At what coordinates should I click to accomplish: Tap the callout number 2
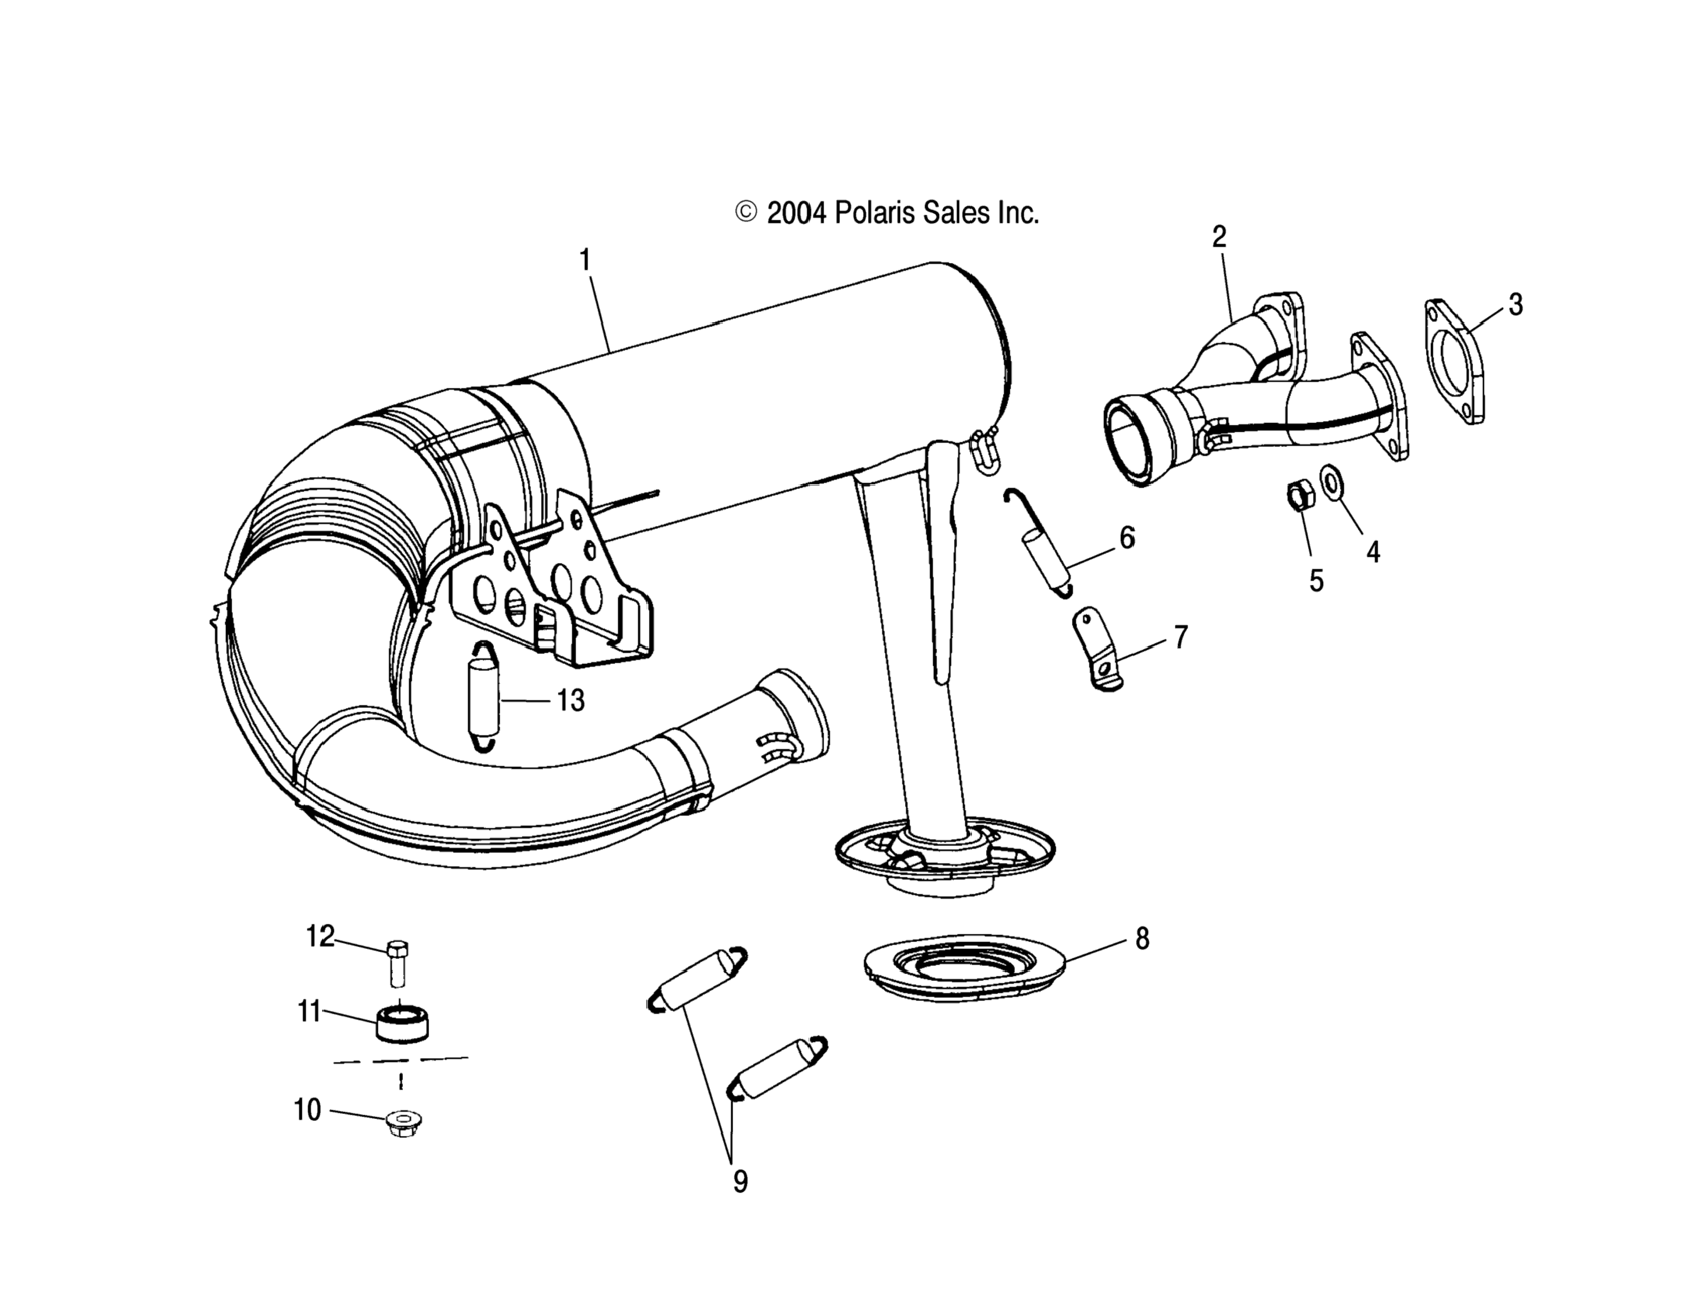(x=1218, y=237)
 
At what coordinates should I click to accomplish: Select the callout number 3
(x=1515, y=305)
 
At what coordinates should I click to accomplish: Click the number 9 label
(x=740, y=1181)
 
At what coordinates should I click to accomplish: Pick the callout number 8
(x=1142, y=939)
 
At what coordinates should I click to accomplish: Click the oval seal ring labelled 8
(x=965, y=969)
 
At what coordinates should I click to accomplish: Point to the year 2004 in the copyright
(x=798, y=213)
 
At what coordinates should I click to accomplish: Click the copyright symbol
(x=746, y=212)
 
